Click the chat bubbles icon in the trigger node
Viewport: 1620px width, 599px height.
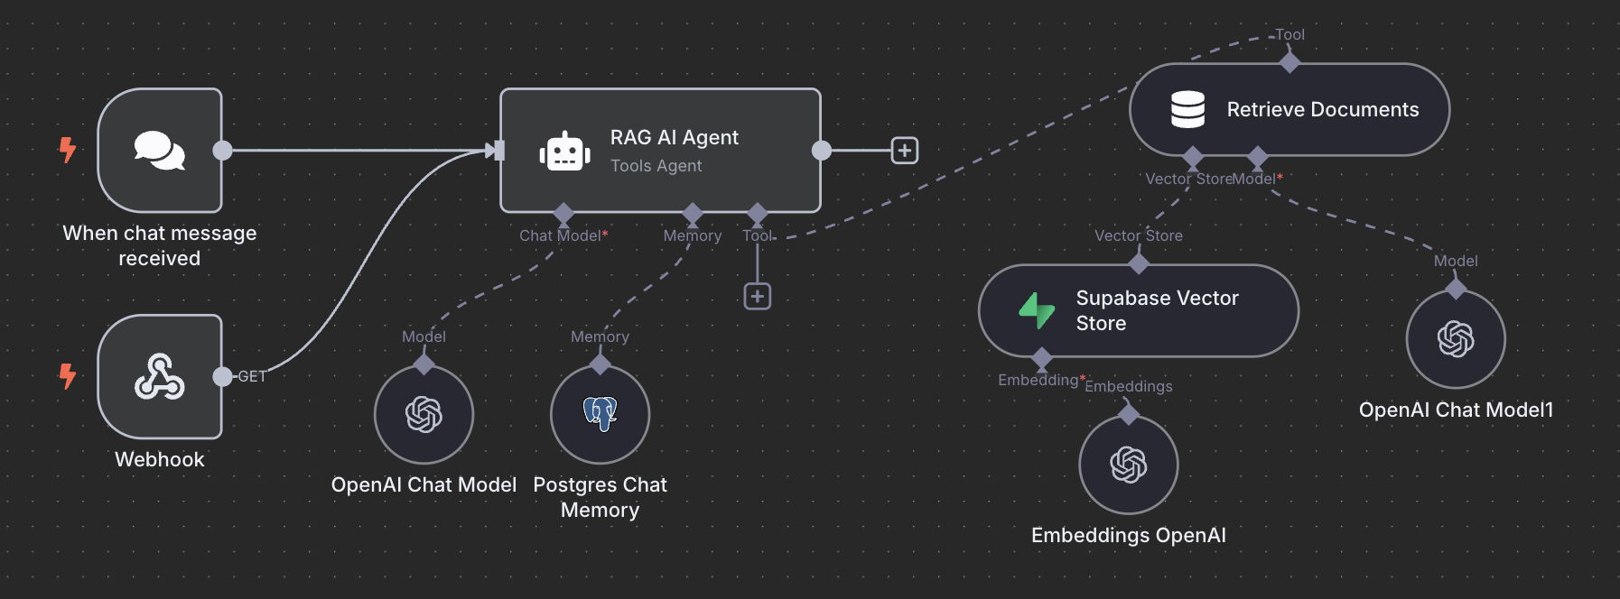point(160,150)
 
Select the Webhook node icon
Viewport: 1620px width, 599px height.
point(160,376)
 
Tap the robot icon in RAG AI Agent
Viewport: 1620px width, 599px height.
point(565,151)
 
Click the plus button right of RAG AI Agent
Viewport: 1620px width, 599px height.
point(905,151)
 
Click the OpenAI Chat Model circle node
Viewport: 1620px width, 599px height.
point(424,414)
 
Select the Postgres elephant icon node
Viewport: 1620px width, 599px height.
point(600,414)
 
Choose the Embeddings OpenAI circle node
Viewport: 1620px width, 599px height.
point(1129,465)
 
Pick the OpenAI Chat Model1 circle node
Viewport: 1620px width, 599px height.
point(1456,339)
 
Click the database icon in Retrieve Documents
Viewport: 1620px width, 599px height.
point(1187,109)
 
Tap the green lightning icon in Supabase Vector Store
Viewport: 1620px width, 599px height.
point(1037,310)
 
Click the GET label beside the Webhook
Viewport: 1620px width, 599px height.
point(252,376)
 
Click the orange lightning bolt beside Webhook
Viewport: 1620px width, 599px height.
point(68,375)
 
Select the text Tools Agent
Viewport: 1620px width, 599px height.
point(656,166)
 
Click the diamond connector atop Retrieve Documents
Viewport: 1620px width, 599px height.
point(1289,62)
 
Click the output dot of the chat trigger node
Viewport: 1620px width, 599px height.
point(222,151)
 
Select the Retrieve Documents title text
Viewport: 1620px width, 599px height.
point(1322,109)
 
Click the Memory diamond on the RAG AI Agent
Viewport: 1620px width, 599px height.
point(693,214)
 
